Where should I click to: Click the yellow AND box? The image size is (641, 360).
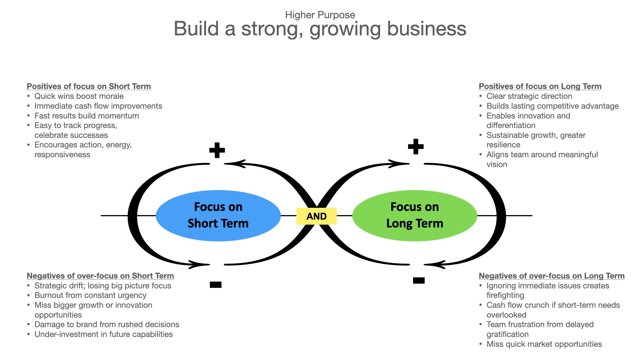pyautogui.click(x=316, y=216)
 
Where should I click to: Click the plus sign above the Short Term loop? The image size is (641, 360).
pyautogui.click(x=217, y=150)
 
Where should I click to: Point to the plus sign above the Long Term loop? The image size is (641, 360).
pyautogui.click(x=416, y=147)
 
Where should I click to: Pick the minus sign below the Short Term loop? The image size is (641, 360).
pyautogui.click(x=216, y=285)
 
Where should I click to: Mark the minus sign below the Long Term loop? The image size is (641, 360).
pyautogui.click(x=419, y=280)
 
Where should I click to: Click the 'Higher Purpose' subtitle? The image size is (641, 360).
pyautogui.click(x=320, y=15)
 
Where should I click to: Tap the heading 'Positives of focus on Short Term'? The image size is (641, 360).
pyautogui.click(x=89, y=86)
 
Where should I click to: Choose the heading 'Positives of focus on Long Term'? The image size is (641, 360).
pyautogui.click(x=540, y=86)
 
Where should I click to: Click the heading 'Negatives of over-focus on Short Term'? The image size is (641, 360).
pyautogui.click(x=100, y=276)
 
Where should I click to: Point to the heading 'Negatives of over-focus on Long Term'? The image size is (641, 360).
pyautogui.click(x=551, y=276)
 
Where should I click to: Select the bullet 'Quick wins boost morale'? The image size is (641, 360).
pyautogui.click(x=79, y=96)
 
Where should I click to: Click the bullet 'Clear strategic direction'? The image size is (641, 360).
pyautogui.click(x=529, y=96)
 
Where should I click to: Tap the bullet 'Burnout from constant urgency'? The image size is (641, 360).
pyautogui.click(x=90, y=295)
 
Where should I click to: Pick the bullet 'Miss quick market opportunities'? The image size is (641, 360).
pyautogui.click(x=544, y=344)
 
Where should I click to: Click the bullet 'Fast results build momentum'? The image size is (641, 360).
pyautogui.click(x=86, y=116)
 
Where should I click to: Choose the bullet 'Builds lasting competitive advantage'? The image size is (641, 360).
pyautogui.click(x=552, y=106)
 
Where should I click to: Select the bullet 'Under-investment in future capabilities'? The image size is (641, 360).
pyautogui.click(x=104, y=334)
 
